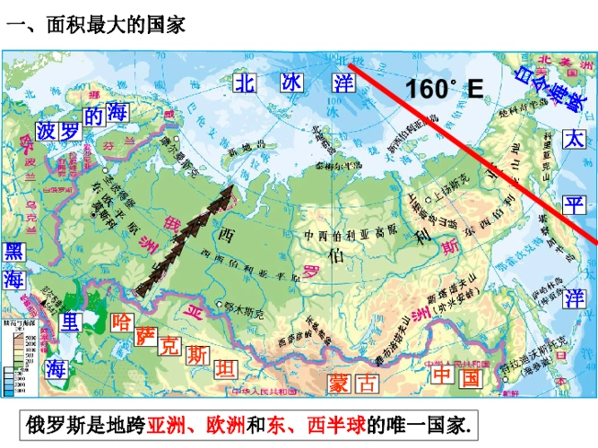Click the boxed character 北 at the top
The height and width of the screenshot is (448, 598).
pyautogui.click(x=246, y=82)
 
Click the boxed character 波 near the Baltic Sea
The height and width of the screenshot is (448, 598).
pyautogui.click(x=47, y=132)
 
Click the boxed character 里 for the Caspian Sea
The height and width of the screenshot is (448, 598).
pyautogui.click(x=68, y=321)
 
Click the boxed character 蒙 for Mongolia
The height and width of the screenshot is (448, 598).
pyautogui.click(x=338, y=383)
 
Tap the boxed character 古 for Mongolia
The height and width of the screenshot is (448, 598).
pyautogui.click(x=366, y=383)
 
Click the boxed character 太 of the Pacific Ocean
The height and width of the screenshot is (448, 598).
pyautogui.click(x=574, y=139)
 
